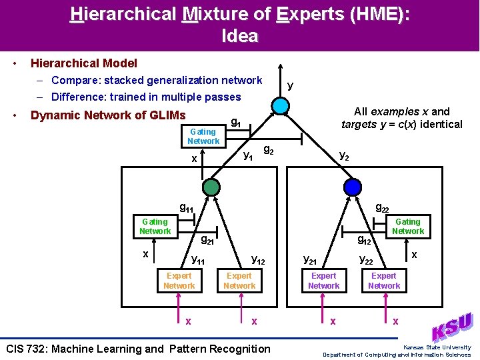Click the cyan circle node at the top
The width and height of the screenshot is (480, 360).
[x=281, y=106]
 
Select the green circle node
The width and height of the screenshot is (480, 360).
[x=211, y=187]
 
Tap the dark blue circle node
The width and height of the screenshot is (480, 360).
[x=353, y=187]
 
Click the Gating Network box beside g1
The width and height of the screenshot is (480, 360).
[x=203, y=136]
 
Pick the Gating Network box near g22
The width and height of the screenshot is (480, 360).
[x=407, y=226]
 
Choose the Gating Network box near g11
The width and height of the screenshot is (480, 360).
[x=155, y=226]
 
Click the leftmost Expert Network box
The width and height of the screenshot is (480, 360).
[x=179, y=281]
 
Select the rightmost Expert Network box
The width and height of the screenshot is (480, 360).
[x=384, y=281]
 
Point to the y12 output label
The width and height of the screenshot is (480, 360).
[x=257, y=260]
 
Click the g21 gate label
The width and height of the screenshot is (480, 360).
[x=207, y=240]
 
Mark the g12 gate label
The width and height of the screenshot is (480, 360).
[x=364, y=239]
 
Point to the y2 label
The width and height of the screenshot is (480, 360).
[x=344, y=156]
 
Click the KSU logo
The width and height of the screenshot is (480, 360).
[x=453, y=328]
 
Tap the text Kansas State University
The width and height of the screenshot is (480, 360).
[x=437, y=347]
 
